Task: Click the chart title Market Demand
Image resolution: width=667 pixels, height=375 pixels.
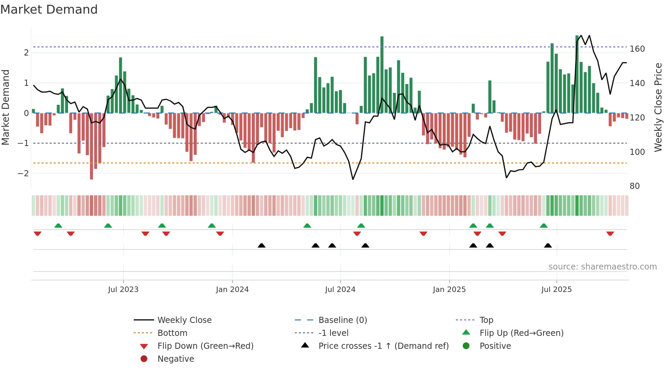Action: [49, 10]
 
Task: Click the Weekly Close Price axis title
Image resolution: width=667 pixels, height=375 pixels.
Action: [658, 107]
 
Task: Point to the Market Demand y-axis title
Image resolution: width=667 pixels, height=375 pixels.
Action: [6, 107]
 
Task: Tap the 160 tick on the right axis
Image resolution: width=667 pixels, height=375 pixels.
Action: [637, 49]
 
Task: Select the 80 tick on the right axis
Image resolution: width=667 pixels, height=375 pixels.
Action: [634, 186]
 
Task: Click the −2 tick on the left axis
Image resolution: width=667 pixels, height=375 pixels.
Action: [23, 174]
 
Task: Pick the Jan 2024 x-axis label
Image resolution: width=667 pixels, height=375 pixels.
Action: [232, 290]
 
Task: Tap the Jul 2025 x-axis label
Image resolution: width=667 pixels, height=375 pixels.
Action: [556, 290]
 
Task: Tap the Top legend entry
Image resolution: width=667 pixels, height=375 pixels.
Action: [486, 320]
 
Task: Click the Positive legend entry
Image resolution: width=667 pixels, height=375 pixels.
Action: [495, 346]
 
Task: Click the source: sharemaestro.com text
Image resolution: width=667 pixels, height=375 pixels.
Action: [602, 267]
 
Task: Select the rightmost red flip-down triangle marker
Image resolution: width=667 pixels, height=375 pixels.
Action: [610, 233]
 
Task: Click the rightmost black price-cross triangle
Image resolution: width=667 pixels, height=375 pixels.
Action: [548, 245]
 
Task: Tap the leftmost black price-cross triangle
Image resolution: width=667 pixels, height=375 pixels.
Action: [261, 245]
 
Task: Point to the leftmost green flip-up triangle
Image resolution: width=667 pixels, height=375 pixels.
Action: [58, 226]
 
